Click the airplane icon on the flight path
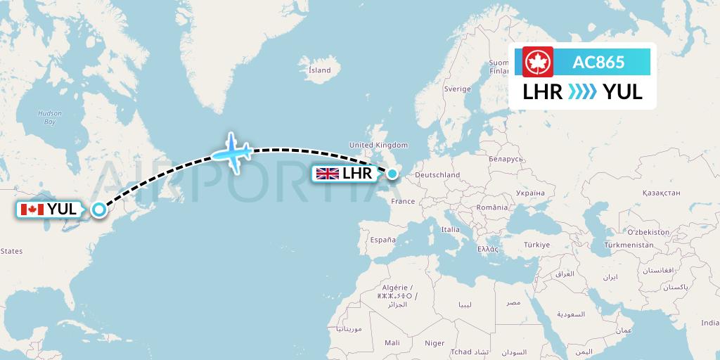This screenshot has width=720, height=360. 232,151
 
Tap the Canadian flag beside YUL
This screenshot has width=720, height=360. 33,209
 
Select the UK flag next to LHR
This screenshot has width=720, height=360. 328,173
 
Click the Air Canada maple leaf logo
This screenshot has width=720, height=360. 539,62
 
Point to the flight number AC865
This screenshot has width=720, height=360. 598,62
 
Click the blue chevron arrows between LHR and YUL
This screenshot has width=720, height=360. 582,92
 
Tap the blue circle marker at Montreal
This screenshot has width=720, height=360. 99,209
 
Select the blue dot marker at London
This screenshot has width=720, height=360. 392,171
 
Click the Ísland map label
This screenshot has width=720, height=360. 320,70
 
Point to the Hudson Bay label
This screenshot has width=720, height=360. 50,117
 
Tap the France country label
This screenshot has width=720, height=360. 403,201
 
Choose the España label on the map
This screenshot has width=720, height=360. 384,239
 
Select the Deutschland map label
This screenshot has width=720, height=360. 437,175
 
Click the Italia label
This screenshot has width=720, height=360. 450,229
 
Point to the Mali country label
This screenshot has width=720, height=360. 392,342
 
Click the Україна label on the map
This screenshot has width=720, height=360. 529,192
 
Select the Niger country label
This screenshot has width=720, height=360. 435,343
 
